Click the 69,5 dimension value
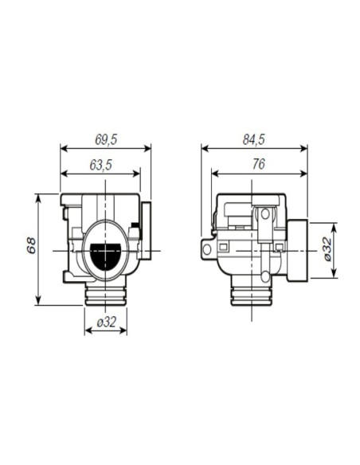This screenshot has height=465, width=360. (106, 139)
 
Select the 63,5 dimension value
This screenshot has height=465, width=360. (101, 165)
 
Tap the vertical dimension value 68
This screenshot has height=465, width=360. (31, 245)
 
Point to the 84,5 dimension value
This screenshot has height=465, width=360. (254, 139)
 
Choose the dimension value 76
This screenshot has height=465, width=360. (259, 164)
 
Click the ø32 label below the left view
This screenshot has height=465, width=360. (106, 322)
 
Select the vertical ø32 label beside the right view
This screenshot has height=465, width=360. (327, 248)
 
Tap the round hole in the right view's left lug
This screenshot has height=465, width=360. (207, 249)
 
